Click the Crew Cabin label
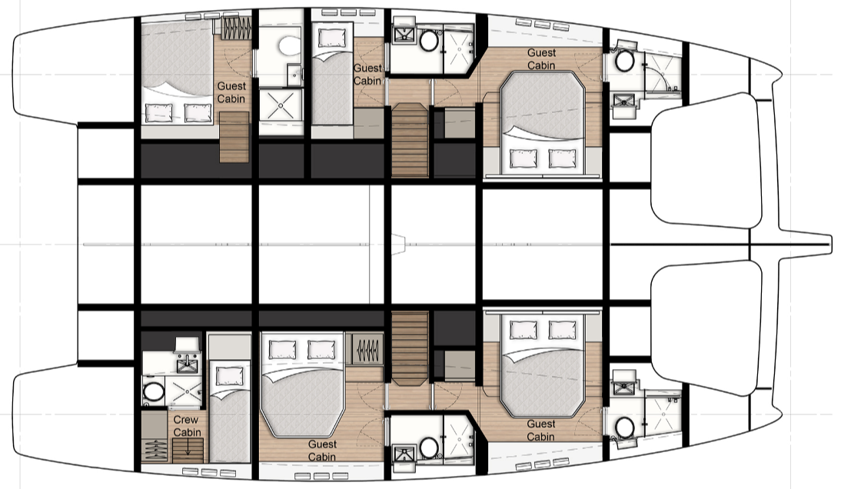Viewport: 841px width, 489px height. point(187,426)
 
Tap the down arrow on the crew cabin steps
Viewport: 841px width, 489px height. point(188,447)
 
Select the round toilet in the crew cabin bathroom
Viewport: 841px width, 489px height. point(154,391)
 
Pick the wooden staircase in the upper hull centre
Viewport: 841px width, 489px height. point(410,139)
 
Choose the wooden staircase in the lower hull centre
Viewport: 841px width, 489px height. point(410,348)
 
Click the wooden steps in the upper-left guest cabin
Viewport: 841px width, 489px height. point(234,138)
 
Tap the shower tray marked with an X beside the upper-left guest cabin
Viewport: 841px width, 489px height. point(281,104)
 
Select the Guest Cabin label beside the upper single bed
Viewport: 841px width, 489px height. point(367,75)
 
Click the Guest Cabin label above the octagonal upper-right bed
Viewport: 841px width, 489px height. point(541,59)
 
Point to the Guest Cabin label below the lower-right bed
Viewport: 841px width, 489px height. point(540,431)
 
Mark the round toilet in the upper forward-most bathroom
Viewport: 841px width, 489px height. point(625,61)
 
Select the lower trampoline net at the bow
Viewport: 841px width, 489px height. point(707,328)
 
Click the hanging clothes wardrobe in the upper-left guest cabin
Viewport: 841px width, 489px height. point(236,28)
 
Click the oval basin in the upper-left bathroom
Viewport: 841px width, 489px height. point(290,45)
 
